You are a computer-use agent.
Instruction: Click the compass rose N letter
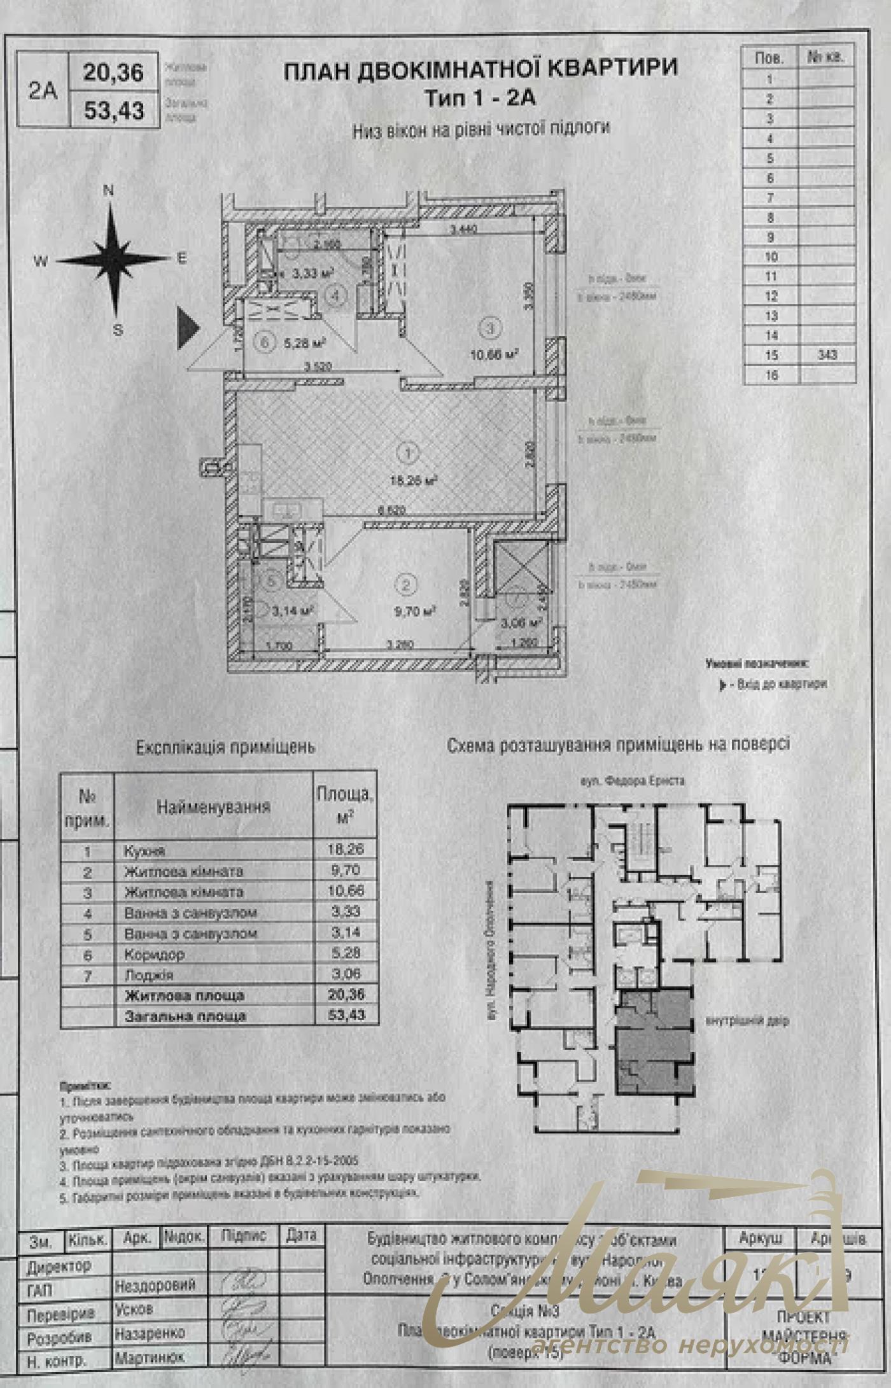[108, 190]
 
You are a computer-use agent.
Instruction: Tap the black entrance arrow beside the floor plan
[186, 328]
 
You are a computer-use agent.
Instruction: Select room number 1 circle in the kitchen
[407, 454]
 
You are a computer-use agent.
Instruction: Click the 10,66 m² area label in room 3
[493, 354]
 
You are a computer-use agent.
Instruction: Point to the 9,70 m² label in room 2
[414, 612]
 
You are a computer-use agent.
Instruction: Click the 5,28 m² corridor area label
[304, 343]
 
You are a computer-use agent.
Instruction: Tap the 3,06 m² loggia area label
[521, 623]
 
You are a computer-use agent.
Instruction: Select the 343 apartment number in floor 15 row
[827, 354]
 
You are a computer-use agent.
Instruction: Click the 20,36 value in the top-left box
[113, 72]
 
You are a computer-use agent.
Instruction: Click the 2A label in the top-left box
[43, 90]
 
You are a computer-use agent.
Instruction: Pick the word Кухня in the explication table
[144, 851]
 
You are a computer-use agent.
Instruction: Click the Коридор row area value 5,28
[346, 953]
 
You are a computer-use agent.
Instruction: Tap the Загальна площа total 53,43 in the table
[346, 1015]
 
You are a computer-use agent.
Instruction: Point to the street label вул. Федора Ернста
[632, 780]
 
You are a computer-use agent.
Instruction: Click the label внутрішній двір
[747, 1021]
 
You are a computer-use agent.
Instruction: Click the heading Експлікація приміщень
[225, 747]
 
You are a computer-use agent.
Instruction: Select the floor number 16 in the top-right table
[771, 375]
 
